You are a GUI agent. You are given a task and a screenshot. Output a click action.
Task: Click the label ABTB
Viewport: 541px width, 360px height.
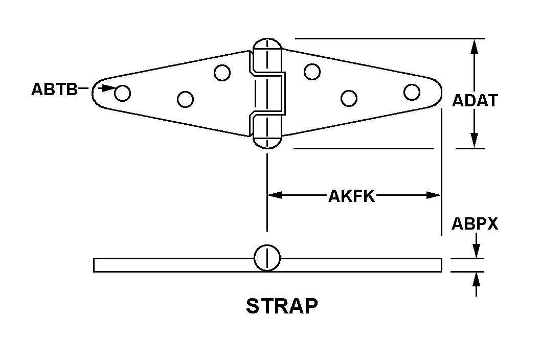click(54, 89)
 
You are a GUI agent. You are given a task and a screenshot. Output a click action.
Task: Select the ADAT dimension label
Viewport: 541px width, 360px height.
click(475, 100)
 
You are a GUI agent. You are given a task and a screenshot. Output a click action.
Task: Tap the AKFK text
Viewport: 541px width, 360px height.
click(352, 196)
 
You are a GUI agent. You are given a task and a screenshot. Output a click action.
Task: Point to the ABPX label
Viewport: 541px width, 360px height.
click(475, 223)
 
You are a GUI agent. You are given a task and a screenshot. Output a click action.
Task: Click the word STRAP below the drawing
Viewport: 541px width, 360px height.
click(282, 306)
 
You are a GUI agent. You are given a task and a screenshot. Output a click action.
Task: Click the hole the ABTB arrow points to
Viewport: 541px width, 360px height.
click(123, 93)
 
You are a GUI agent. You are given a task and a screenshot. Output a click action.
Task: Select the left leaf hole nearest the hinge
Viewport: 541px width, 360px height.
click(222, 73)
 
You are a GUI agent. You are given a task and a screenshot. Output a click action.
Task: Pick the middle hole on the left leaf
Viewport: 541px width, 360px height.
click(185, 99)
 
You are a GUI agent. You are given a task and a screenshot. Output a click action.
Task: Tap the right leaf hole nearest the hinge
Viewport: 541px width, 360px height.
click(312, 72)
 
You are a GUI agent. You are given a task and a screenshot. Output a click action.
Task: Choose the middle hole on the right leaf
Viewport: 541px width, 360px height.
click(349, 98)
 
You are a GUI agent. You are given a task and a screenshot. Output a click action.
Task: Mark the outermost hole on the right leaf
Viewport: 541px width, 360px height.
click(412, 92)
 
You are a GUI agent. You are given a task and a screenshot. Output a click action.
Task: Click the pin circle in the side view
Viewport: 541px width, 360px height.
click(267, 258)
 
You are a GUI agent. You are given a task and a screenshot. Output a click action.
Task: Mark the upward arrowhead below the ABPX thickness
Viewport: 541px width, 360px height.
click(476, 279)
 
